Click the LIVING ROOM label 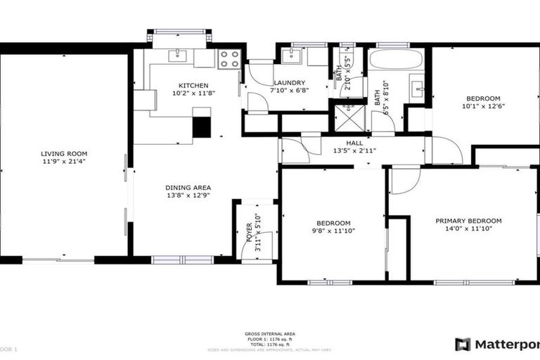pyautogui.click(x=63, y=153)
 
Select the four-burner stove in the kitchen pyautogui.click(x=229, y=59)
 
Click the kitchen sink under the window pyautogui.click(x=179, y=54)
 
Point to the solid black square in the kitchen pyautogui.click(x=201, y=127)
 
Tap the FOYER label pyautogui.click(x=249, y=230)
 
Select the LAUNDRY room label pyautogui.click(x=288, y=82)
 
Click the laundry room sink pyautogui.click(x=292, y=56)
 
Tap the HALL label pyautogui.click(x=354, y=142)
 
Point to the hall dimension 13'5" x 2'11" pyautogui.click(x=354, y=150)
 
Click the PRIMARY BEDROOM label pyautogui.click(x=468, y=220)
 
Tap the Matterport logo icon pyautogui.click(x=462, y=345)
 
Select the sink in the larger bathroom pyautogui.click(x=416, y=88)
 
